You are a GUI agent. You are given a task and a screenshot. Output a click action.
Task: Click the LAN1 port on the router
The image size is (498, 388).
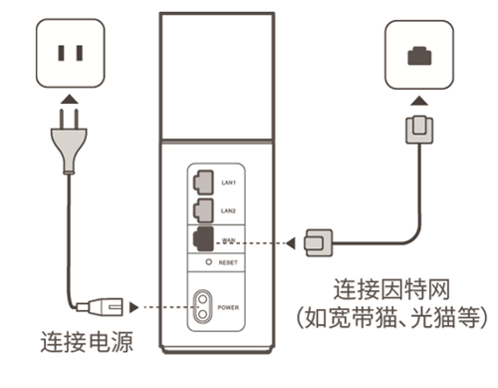point(201,181)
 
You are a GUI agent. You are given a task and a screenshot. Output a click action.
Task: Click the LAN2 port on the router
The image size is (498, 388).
point(201,210)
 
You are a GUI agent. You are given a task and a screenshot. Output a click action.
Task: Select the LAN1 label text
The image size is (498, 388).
point(229,182)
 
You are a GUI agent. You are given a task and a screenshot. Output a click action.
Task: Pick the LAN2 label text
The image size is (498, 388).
point(229,211)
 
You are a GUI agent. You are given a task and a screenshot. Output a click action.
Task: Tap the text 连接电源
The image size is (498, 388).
point(87,344)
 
